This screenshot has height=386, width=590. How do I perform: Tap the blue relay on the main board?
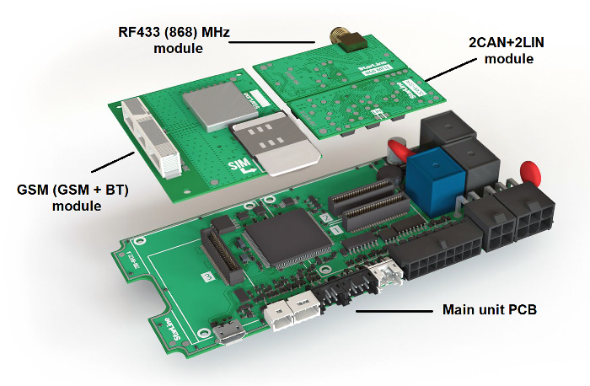click(428, 179)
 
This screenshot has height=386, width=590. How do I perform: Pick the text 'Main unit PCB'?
click(490, 309)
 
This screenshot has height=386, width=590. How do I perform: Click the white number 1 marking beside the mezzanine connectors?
click(336, 228)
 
